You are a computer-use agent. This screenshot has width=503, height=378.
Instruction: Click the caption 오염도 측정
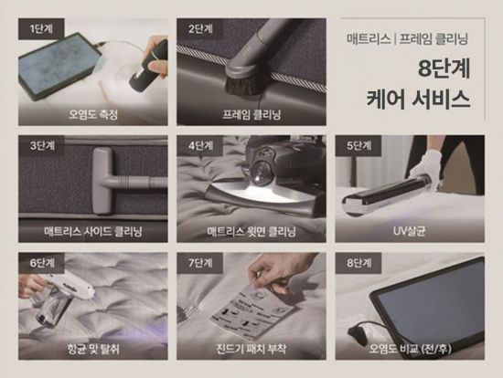click(x=94, y=115)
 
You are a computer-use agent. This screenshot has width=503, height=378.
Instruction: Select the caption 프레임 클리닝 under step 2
click(x=251, y=115)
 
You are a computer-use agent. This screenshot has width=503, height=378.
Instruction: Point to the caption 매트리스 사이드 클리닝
click(x=94, y=232)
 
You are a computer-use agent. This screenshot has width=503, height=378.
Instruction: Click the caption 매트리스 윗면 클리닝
click(x=251, y=232)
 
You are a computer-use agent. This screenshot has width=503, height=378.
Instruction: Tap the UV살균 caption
click(x=411, y=232)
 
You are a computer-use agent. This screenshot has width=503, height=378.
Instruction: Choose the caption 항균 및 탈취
click(x=94, y=349)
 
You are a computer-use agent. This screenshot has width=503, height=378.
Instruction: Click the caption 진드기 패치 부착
click(x=251, y=349)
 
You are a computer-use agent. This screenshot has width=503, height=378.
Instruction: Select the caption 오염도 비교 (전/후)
click(x=411, y=349)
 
